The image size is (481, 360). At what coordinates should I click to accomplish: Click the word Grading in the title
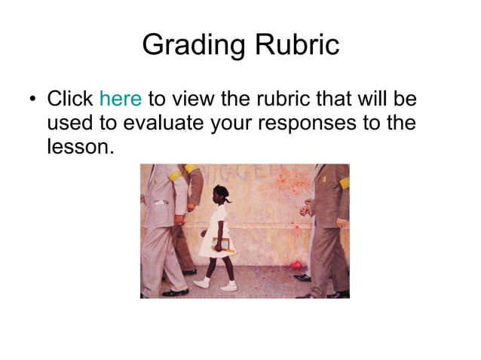click(x=188, y=46)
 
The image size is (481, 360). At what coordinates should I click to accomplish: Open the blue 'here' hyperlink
click(x=121, y=99)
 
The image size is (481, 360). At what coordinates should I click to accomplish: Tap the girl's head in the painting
click(x=222, y=195)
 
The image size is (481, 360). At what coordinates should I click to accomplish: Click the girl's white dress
click(x=219, y=226)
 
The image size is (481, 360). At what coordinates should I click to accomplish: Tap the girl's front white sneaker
click(x=228, y=286)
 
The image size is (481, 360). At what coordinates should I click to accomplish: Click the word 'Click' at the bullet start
click(x=70, y=99)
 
